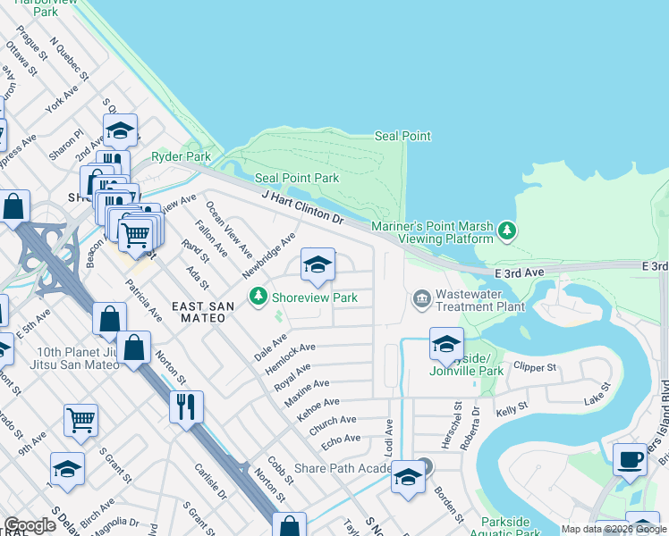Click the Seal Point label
[x=402, y=136]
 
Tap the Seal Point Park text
[x=296, y=178]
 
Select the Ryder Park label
[x=181, y=156]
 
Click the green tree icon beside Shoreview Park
[x=258, y=295]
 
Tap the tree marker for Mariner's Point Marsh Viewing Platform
[x=507, y=231]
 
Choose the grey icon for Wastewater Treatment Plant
[x=421, y=297]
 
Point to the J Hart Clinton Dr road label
[x=302, y=206]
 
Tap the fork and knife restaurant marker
[x=186, y=406]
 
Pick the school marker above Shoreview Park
[x=317, y=264]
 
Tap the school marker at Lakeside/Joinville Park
[x=446, y=342]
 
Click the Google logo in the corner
[x=30, y=525]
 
